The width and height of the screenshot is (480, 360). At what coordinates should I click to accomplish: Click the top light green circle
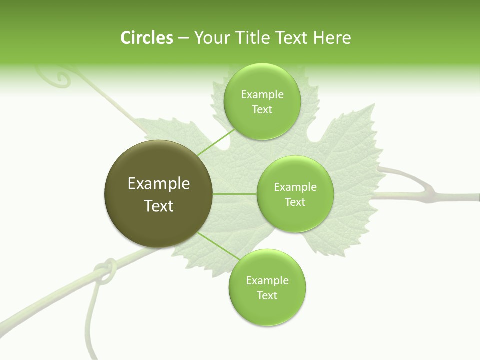coord(262,101)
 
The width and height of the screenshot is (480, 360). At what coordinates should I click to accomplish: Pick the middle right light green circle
coord(295,194)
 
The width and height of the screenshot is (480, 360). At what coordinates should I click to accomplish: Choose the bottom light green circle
coord(267,287)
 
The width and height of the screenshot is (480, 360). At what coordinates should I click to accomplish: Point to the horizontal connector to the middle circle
coord(235,194)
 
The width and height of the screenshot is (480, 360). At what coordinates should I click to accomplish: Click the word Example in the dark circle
coord(159,183)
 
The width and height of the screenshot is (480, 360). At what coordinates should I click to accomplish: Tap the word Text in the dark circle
coord(159,206)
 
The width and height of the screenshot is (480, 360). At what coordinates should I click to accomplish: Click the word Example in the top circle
coord(262,94)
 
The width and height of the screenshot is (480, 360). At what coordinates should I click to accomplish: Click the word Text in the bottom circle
coord(267,295)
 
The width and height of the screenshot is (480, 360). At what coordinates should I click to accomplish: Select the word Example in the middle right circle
coord(295,187)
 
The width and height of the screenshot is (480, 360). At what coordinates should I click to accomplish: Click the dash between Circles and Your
coord(183,38)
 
